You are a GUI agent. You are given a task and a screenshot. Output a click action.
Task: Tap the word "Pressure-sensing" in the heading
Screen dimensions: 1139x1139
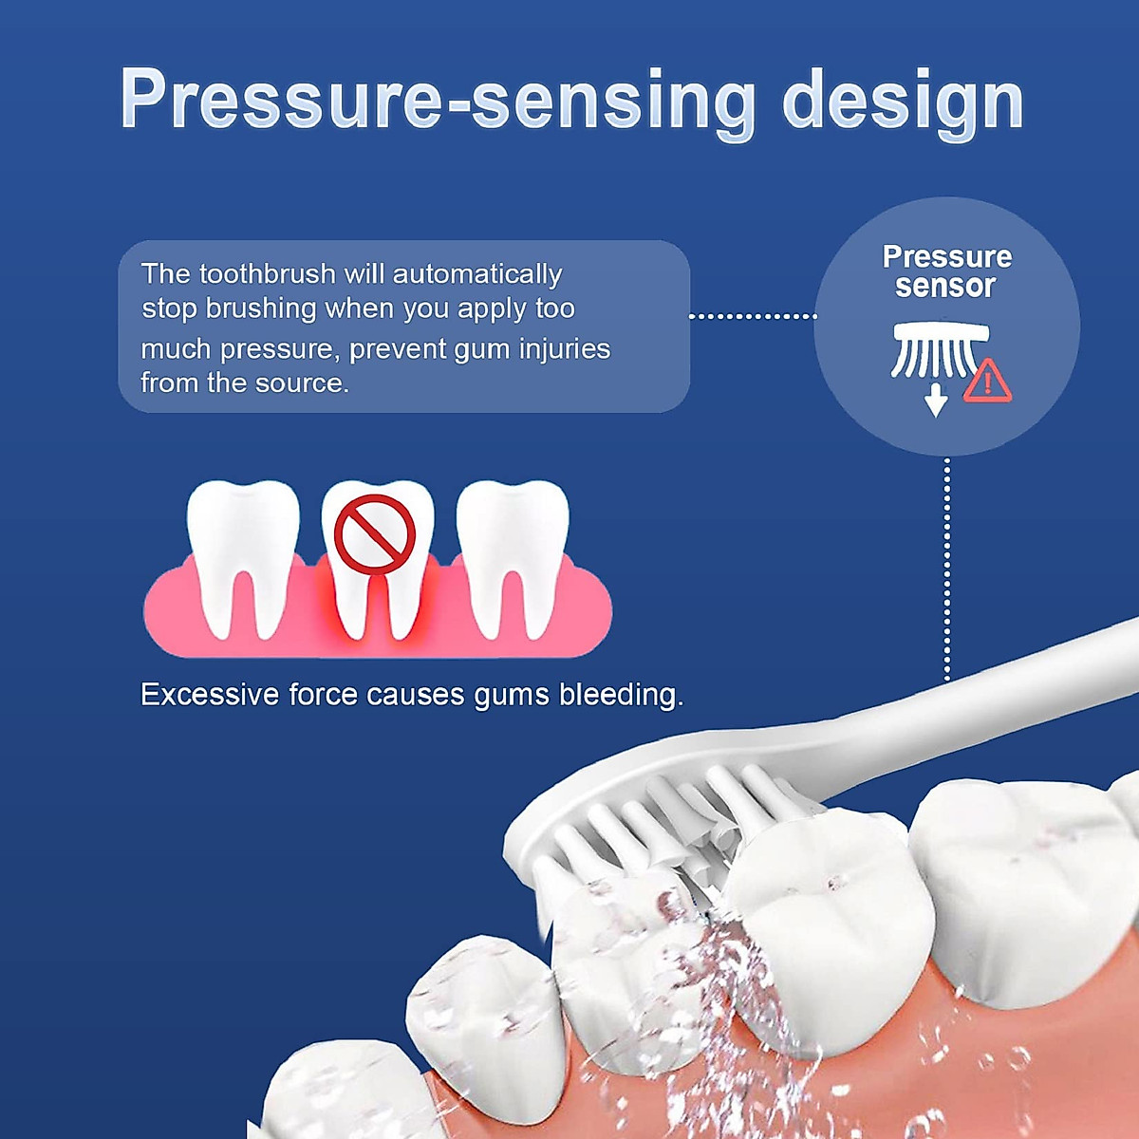tap(438, 99)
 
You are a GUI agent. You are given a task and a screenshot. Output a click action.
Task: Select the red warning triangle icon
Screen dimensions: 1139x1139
tap(987, 382)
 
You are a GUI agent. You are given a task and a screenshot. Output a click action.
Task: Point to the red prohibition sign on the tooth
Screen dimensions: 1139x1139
tap(375, 534)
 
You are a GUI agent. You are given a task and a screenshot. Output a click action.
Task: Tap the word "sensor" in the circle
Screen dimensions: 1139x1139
tap(945, 286)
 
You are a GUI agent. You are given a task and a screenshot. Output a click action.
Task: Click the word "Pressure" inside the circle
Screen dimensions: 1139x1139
tap(946, 256)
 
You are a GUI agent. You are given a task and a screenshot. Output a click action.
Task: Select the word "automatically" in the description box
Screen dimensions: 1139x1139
tap(477, 274)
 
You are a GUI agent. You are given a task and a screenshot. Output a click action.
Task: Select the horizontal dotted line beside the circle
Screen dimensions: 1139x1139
tap(752, 315)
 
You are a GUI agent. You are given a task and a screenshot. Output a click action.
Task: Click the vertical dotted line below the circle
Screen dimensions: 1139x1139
tap(946, 569)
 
